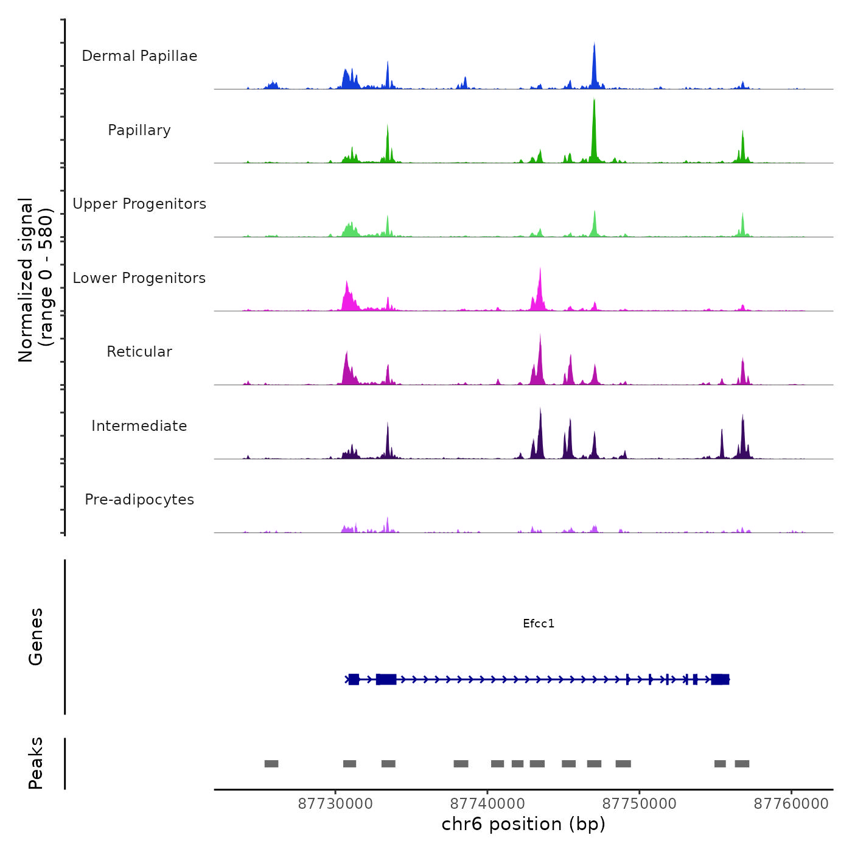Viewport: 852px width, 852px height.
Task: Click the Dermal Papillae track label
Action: (139, 56)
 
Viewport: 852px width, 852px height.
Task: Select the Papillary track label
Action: (139, 130)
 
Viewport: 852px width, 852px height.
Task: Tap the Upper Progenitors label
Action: (139, 204)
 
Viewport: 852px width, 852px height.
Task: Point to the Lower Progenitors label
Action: (139, 278)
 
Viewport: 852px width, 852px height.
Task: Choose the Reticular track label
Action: (139, 352)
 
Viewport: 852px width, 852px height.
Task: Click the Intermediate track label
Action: (139, 426)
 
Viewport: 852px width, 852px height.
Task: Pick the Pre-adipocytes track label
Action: (139, 500)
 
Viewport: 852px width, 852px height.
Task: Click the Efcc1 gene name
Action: (539, 623)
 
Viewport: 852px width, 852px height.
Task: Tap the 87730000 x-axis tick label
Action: (335, 803)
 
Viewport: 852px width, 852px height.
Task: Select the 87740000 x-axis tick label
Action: (487, 803)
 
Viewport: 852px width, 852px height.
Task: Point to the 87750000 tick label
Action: (640, 803)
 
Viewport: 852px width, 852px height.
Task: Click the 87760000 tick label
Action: (791, 803)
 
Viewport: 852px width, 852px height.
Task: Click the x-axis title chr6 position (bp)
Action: (523, 824)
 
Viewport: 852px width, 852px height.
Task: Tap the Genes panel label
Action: (36, 637)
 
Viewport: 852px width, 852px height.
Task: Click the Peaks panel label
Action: (36, 763)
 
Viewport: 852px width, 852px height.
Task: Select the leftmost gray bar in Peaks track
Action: (271, 764)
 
